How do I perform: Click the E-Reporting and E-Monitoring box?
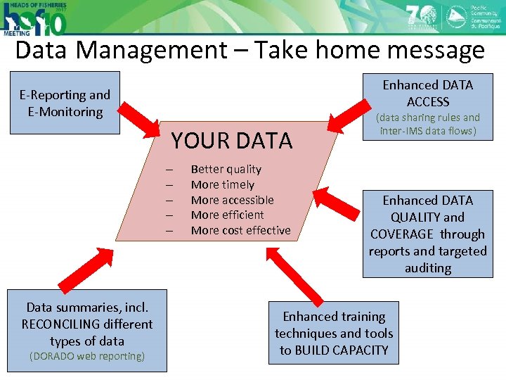click(x=65, y=103)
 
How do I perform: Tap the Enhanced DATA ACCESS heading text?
click(x=427, y=93)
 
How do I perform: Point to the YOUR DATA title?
click(x=231, y=141)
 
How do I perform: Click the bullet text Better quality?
click(x=226, y=169)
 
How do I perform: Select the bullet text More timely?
click(x=222, y=184)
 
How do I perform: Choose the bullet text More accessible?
click(x=232, y=200)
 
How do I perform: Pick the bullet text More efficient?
click(x=227, y=215)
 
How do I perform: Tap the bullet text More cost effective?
click(x=240, y=230)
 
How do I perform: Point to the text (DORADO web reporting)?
click(x=86, y=356)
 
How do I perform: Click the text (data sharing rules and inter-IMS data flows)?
click(x=429, y=125)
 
